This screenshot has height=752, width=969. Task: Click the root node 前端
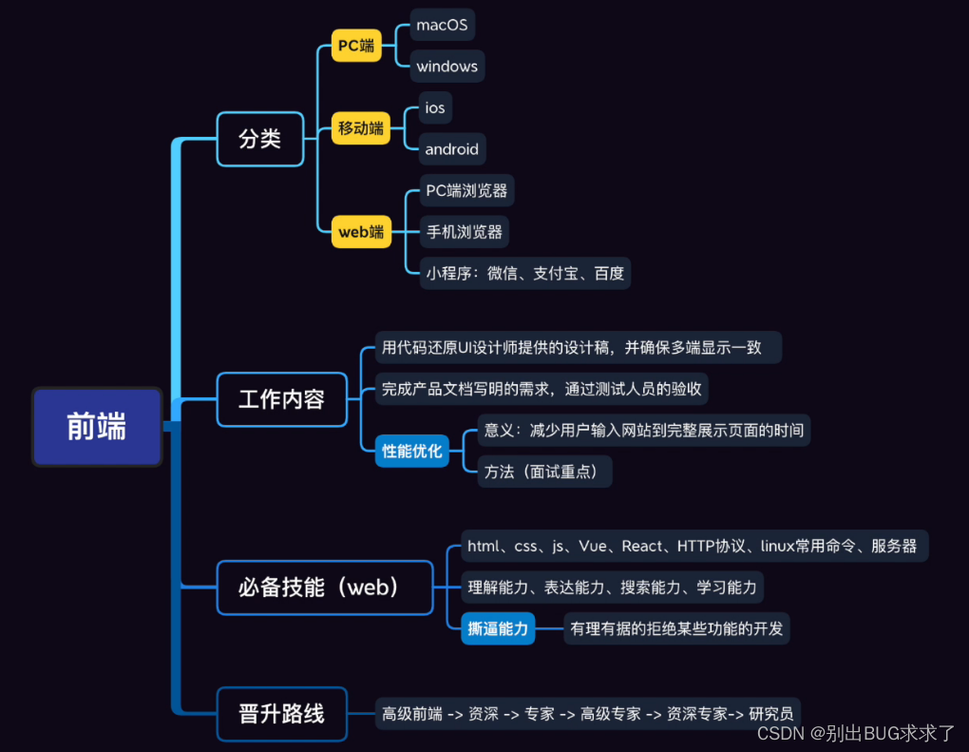[x=96, y=427]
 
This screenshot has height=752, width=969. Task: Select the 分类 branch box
[x=260, y=139]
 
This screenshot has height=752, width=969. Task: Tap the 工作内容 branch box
[x=281, y=399]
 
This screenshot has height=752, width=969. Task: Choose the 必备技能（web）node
[x=324, y=588]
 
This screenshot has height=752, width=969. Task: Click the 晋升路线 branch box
[x=281, y=713]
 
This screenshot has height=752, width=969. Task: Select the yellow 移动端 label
[x=361, y=127]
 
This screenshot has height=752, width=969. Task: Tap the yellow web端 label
[x=361, y=231]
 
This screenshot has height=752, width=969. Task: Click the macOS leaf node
[x=442, y=26]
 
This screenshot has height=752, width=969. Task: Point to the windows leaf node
[x=446, y=67]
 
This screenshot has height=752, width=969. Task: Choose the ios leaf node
[x=435, y=108]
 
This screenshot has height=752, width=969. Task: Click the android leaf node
[x=451, y=149]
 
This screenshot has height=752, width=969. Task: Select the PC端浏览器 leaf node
[x=466, y=191]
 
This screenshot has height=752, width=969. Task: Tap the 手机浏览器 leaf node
[x=464, y=232]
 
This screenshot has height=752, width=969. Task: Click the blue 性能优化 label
[x=412, y=452]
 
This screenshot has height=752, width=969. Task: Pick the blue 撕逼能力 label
[x=498, y=628]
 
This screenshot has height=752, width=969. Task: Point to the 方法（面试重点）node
[x=542, y=472]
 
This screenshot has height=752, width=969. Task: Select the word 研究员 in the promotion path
[x=770, y=713]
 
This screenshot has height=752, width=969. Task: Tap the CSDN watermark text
[x=780, y=733]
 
